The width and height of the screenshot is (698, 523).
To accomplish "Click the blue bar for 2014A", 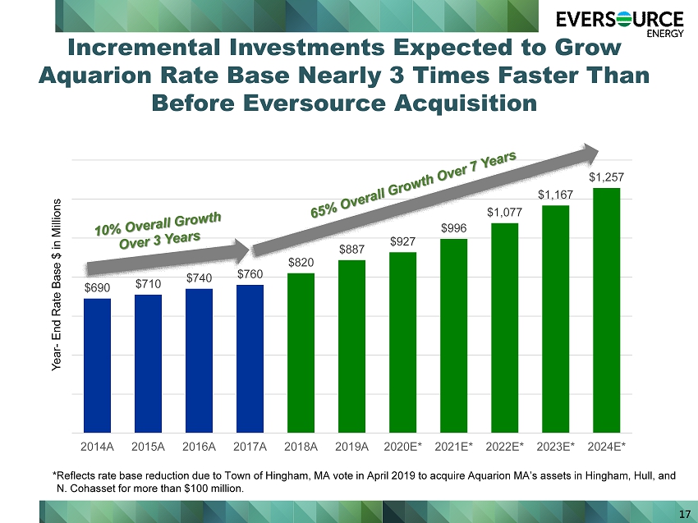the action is point(97,365).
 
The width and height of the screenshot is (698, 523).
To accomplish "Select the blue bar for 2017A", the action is point(250,359).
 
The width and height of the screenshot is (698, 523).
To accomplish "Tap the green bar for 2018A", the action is point(301,353).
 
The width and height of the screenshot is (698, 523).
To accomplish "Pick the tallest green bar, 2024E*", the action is point(606,310).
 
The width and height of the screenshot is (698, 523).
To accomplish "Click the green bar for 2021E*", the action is point(453,336).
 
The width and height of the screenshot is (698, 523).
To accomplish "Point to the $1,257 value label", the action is point(606,177).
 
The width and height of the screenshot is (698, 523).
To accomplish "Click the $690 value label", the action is point(97,288).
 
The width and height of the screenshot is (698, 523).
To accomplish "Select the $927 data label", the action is point(403,241).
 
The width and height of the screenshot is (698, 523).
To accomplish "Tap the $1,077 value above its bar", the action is point(504,213).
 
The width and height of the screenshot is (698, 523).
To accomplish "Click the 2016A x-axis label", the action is point(199,447).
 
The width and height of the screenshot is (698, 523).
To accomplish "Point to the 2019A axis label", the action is point(351,447).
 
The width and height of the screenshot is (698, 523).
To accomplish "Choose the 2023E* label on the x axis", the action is point(556,447).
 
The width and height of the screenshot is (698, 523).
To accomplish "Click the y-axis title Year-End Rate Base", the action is point(56,285).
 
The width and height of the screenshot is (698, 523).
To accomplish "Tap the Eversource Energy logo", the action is point(620,23).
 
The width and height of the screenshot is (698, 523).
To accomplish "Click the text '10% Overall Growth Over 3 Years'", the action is point(158,231).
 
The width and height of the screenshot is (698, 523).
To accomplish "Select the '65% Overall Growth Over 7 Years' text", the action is point(414,184).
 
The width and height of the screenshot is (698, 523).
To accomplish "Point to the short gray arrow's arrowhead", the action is point(242,251).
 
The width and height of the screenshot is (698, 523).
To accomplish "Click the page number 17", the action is point(685,514).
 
